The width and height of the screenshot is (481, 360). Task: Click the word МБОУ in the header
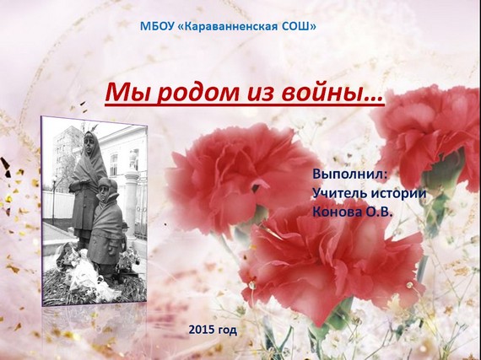coord(157,26)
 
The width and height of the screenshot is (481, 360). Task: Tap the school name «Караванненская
coord(228,27)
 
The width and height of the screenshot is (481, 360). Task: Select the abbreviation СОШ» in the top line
coord(299,26)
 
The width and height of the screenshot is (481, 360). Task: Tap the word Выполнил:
coord(349,174)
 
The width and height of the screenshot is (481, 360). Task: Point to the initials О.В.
coord(379,212)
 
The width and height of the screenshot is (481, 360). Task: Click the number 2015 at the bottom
coord(201,330)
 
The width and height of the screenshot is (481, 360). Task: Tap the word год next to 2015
coord(227,330)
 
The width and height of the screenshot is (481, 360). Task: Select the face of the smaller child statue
coord(105,191)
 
